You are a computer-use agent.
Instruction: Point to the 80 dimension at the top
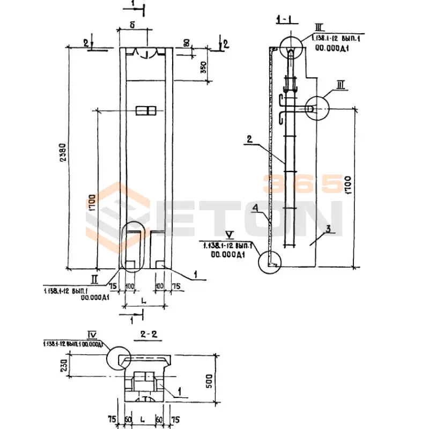pyautogui.click(x=186, y=43)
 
